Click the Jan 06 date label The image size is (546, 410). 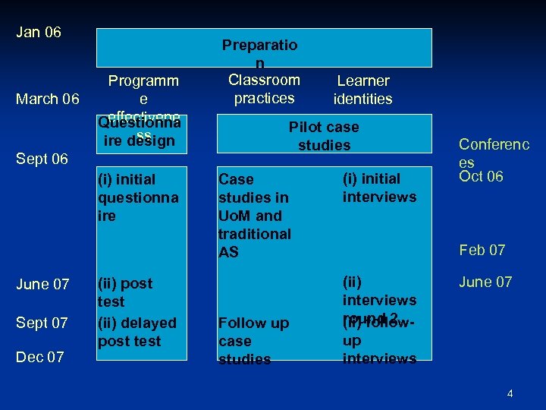tap(39, 33)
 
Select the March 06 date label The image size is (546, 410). tap(47, 99)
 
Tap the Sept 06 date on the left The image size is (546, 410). tap(42, 159)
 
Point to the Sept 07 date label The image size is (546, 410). tap(42, 323)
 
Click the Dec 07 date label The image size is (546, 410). tap(40, 357)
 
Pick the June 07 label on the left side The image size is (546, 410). tap(42, 284)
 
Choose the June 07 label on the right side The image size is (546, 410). tap(485, 282)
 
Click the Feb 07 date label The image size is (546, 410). tap(482, 250)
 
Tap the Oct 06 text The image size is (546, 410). tap(481, 177)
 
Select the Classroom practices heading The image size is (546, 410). tap(264, 89)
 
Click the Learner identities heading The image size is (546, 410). tap(363, 90)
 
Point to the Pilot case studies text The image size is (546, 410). tap(324, 136)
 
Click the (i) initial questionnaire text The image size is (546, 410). tap(138, 197)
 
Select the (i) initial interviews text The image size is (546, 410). tap(379, 188)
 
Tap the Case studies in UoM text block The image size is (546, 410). tap(254, 216)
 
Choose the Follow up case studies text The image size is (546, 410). tap(253, 341)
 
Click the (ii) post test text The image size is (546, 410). tap(126, 292)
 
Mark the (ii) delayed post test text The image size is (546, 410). tap(136, 332)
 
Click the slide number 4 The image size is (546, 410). tap(510, 393)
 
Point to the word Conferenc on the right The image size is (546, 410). tap(494, 144)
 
